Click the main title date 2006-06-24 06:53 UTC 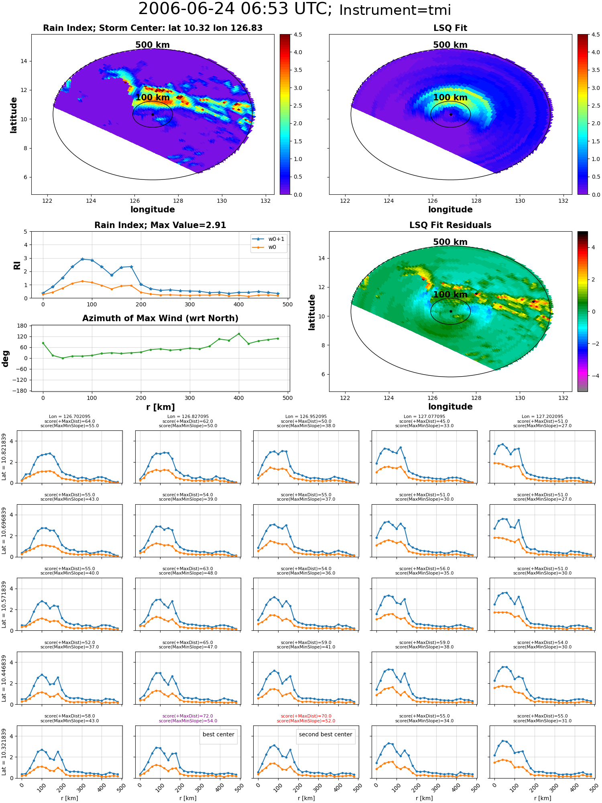235,9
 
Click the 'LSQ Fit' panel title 450,28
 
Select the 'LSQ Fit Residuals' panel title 450,225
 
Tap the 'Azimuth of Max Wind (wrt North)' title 160,318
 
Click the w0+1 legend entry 269,239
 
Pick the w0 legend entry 265,247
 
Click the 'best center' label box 218,734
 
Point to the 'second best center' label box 325,734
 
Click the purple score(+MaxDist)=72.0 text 188,716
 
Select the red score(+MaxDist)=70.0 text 306,716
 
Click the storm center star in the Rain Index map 153,114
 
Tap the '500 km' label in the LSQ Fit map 450,45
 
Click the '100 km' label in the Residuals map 450,295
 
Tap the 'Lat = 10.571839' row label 4,604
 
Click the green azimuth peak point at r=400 239,334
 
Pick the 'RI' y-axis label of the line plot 17,265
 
